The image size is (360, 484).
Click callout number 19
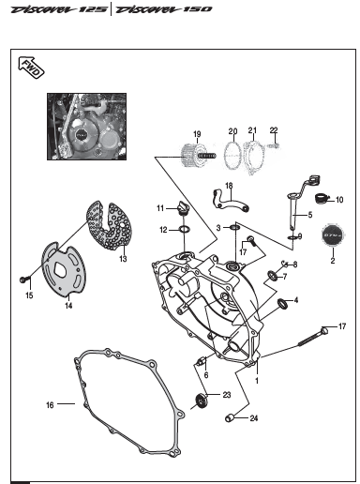click(197, 134)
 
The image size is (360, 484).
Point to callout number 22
click(275, 129)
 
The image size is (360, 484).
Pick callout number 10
click(339, 200)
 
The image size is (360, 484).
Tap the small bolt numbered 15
click(21, 279)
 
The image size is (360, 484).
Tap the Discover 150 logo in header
click(164, 9)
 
